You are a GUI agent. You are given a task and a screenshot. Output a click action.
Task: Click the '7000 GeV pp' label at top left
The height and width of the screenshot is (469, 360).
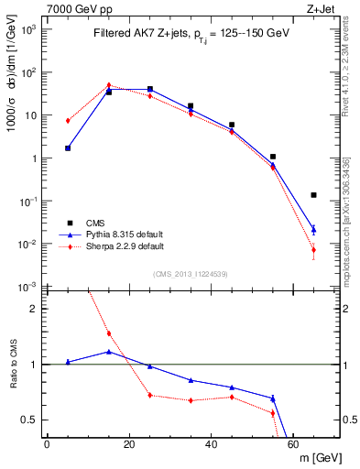[74, 8]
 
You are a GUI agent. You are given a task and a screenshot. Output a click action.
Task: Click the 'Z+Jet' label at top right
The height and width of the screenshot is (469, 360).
[322, 8]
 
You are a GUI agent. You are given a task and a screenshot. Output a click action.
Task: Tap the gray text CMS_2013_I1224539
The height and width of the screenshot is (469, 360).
[191, 273]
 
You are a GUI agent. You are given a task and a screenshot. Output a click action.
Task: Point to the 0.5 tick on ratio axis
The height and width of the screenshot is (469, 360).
[34, 420]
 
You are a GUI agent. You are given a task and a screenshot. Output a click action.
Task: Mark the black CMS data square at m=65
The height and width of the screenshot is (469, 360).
[314, 195]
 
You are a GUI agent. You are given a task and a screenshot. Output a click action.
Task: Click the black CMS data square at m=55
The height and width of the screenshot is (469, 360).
[273, 157]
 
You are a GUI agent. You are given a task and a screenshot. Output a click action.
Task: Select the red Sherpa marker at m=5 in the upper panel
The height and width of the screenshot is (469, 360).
[68, 120]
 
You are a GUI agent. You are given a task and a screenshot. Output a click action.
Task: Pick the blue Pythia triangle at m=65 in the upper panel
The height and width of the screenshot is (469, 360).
[314, 229]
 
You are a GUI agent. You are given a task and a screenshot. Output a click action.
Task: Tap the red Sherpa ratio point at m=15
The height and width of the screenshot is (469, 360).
[109, 333]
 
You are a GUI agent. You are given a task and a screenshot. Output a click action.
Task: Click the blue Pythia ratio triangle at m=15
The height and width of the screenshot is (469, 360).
[109, 352]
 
